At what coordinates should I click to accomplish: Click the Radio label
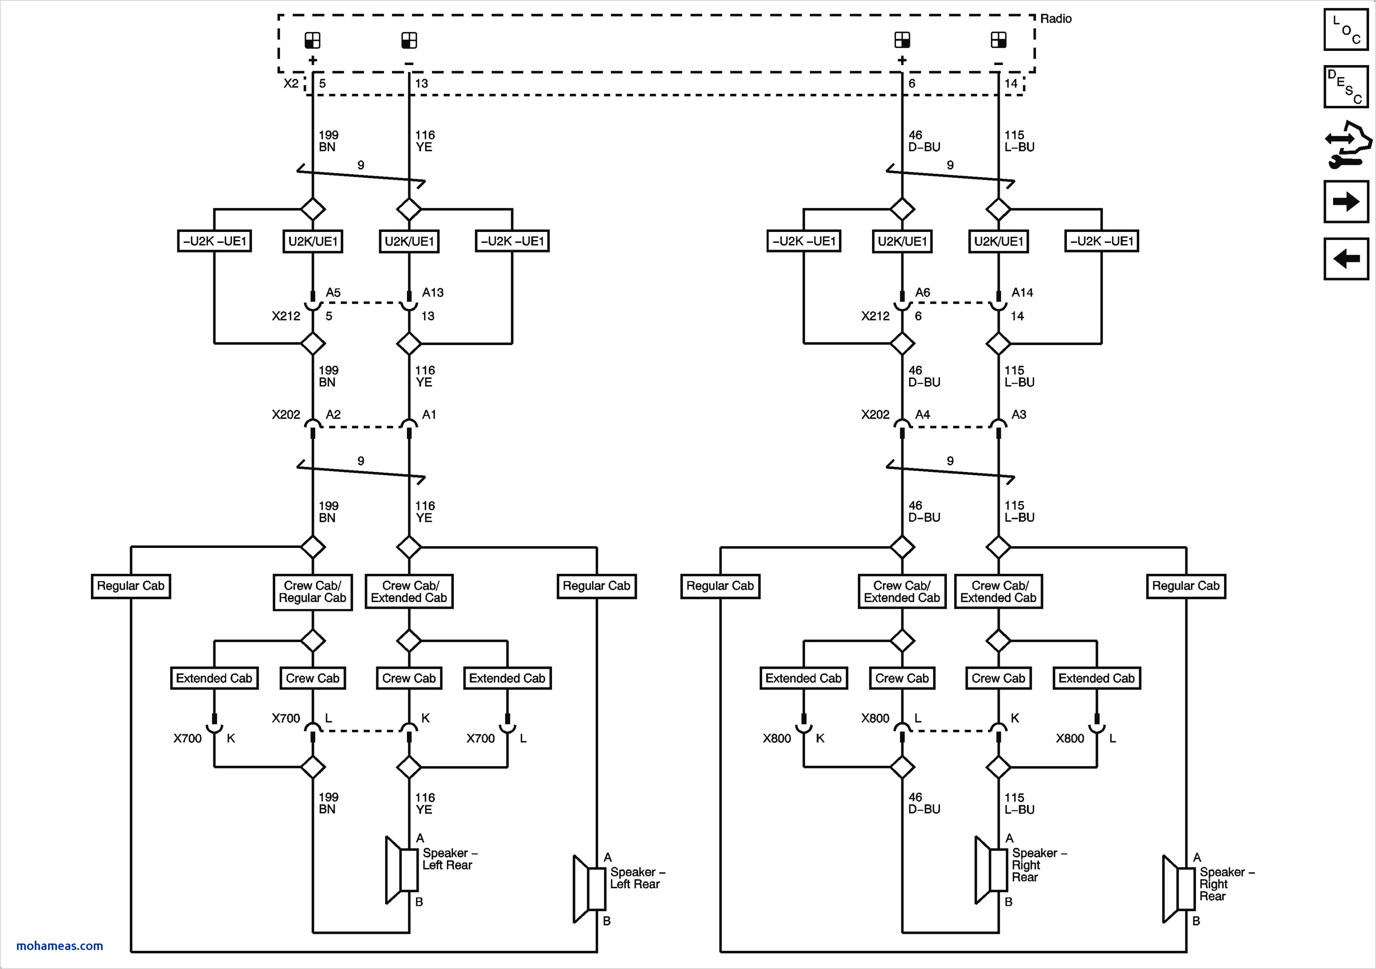coord(1056,19)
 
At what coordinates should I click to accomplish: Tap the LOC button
coord(1346,29)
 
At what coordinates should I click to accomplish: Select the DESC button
coord(1346,87)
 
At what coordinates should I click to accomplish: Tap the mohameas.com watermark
coord(59,946)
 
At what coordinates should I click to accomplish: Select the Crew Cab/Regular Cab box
coord(313,592)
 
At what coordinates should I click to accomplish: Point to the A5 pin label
coord(333,293)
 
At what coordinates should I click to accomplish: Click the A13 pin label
coord(433,293)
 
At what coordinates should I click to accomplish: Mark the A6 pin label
coord(923,293)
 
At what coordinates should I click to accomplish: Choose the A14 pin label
coord(1022,293)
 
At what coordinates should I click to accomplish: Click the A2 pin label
coord(333,415)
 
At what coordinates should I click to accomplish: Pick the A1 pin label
coord(429,415)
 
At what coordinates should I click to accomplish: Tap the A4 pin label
coord(923,415)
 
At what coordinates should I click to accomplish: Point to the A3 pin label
coord(1019,415)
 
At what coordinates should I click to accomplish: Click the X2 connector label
coord(291,83)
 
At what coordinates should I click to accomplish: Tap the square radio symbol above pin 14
coord(999,40)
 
